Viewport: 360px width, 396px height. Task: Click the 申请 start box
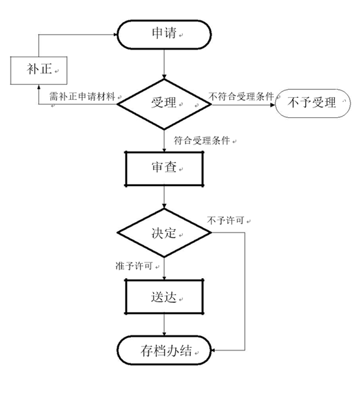[164, 35]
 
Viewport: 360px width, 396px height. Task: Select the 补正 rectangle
[38, 70]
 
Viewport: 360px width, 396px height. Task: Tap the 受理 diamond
[164, 104]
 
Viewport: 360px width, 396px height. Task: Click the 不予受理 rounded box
[312, 104]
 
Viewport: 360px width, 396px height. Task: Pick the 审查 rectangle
[164, 169]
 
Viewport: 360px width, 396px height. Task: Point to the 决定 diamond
[164, 233]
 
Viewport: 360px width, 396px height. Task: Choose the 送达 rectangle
[164, 297]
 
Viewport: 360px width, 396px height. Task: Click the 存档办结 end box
[164, 350]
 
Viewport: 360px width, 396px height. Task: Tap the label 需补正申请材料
[82, 96]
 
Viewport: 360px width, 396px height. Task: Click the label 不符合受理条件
[241, 96]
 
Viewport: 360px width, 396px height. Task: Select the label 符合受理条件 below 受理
[202, 141]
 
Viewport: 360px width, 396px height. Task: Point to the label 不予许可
[225, 220]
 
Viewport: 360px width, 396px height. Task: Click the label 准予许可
[134, 266]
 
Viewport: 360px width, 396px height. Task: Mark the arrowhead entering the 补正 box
[38, 87]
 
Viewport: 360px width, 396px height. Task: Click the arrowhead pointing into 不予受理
[272, 105]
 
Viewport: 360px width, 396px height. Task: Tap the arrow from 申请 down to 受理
[164, 64]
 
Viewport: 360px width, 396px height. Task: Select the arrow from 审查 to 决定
[164, 197]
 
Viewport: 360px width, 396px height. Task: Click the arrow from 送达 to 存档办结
[164, 325]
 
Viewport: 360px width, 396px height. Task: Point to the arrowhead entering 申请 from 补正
[115, 35]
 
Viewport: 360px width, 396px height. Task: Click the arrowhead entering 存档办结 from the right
[213, 350]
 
